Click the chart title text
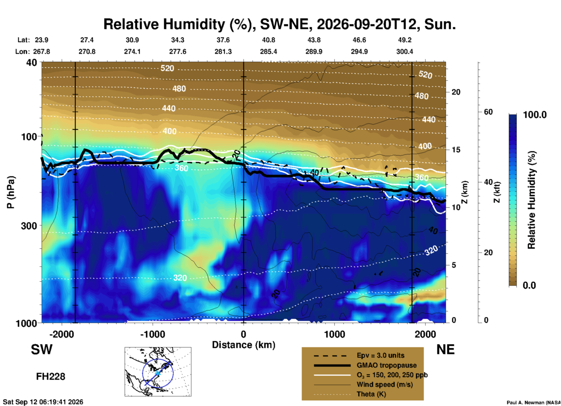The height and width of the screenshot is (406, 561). tap(279, 24)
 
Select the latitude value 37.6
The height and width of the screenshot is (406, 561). tap(223, 40)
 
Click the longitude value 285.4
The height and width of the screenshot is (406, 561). tap(269, 52)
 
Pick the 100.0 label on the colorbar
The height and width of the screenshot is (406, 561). tap(535, 115)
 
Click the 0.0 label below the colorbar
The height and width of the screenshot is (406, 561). tap(529, 285)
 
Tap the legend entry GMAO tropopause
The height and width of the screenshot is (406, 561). tap(387, 365)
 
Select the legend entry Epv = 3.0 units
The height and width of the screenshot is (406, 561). tap(380, 355)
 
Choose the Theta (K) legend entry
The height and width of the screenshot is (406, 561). tap(371, 394)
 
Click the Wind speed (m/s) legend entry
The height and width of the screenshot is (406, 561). tap(384, 384)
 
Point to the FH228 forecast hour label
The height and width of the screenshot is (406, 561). tap(51, 377)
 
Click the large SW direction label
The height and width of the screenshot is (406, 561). tap(42, 349)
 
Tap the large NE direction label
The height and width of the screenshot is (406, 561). tap(445, 349)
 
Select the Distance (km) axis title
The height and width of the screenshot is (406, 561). tap(244, 345)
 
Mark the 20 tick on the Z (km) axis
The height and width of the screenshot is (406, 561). tap(456, 92)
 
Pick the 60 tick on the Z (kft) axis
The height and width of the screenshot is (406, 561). tap(488, 112)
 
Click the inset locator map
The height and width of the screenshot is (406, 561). tap(158, 372)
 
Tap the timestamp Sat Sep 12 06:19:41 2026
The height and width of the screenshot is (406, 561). tap(43, 402)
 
